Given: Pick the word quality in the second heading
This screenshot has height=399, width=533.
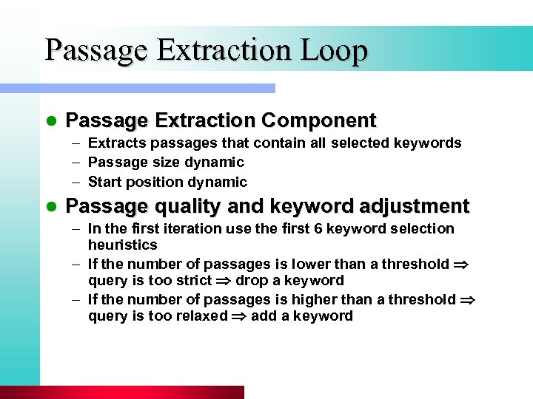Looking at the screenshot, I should (178, 205).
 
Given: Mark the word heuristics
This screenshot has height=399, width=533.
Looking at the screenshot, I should (123, 245).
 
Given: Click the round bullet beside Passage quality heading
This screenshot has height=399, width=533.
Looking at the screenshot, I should (51, 206).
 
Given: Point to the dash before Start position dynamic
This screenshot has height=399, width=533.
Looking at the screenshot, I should (77, 182).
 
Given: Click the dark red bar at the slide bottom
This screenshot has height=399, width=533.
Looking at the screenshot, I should (122, 392).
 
